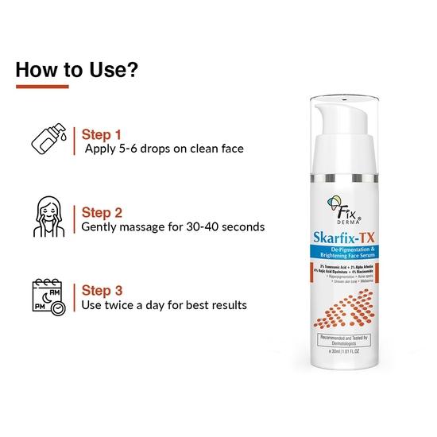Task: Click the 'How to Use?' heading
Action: pyautogui.click(x=78, y=68)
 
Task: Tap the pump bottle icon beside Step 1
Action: pyautogui.click(x=43, y=140)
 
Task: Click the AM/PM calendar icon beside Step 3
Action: pyautogui.click(x=44, y=294)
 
